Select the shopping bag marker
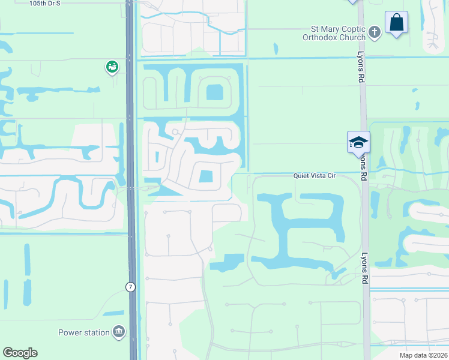point(396,23)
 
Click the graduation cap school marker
point(358,142)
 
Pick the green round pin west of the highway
point(112,67)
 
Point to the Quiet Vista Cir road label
point(313,176)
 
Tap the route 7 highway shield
point(130,287)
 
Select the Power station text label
point(83,332)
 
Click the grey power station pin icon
point(119,332)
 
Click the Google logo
point(20,353)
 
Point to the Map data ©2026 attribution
point(423,355)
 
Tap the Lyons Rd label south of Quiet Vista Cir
point(363,267)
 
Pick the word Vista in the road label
point(318,176)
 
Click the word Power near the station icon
point(70,332)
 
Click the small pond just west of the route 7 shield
point(113,313)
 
